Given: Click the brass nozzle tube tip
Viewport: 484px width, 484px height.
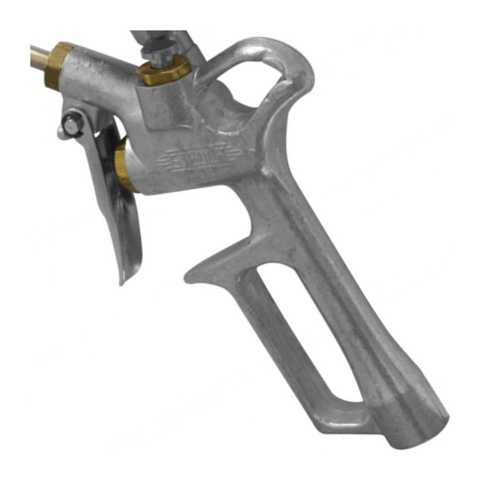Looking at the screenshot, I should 37,53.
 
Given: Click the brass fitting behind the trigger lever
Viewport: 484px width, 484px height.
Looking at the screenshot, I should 123,168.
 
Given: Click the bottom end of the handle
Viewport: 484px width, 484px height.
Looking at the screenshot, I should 417,436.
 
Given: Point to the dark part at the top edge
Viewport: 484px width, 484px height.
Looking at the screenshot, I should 160,36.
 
